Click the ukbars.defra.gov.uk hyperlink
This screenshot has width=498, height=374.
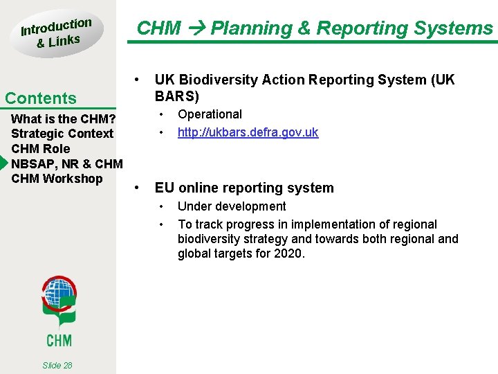tap(248, 132)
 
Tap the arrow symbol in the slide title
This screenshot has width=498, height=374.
tap(196, 28)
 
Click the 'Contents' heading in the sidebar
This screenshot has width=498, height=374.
tap(41, 98)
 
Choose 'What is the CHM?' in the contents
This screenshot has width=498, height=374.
tap(63, 118)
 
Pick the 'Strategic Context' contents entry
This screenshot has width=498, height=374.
tap(62, 134)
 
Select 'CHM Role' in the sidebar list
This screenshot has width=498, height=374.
tap(41, 149)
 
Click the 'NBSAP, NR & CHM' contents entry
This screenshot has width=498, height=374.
tap(67, 164)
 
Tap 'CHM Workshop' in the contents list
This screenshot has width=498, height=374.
tap(57, 179)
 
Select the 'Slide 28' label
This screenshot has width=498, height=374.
tap(57, 365)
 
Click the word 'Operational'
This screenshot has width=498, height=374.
tap(210, 114)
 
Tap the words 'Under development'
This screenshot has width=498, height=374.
tap(231, 206)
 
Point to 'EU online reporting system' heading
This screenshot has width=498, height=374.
tap(244, 188)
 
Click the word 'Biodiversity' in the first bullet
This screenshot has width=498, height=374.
tap(221, 80)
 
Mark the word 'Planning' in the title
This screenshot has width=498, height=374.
tap(251, 28)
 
